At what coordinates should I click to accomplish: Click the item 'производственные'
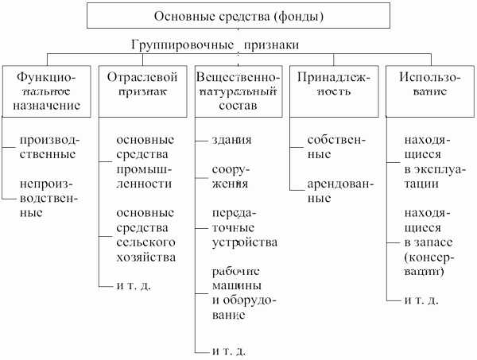(49, 147)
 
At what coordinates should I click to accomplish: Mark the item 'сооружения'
(231, 176)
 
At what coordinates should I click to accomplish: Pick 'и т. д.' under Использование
(422, 301)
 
